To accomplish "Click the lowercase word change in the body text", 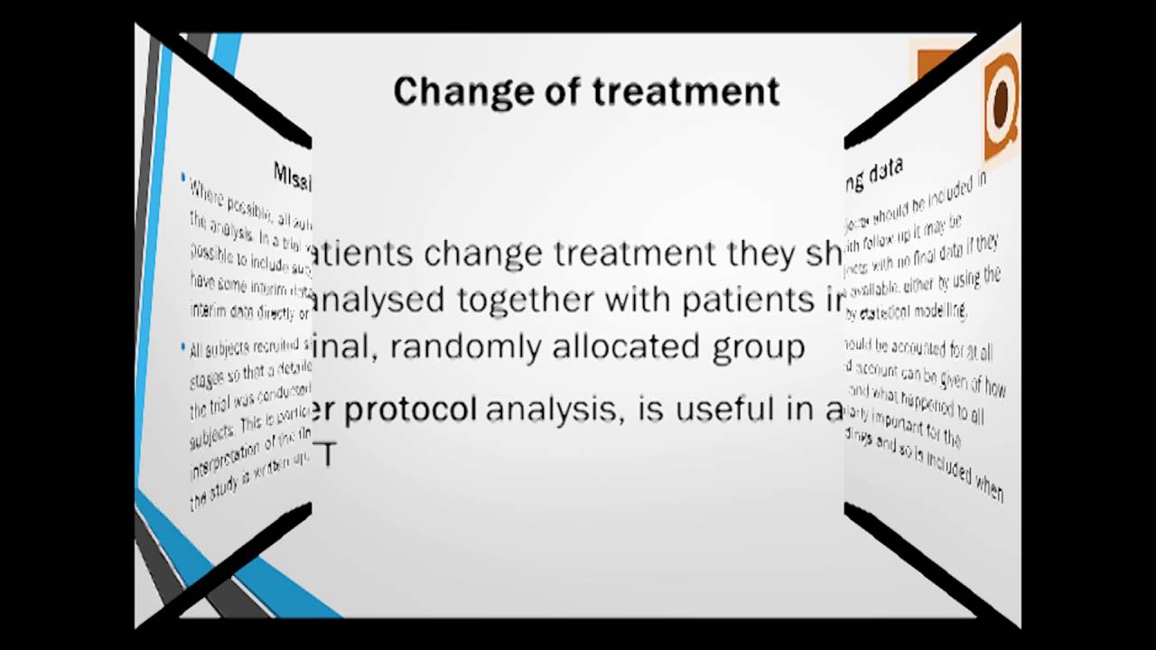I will pos(484,255).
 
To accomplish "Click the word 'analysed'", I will pos(380,300).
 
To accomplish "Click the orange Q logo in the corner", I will pos(1001,104).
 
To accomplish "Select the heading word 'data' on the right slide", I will pos(885,172).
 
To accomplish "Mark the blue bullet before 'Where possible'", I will pos(183,178).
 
